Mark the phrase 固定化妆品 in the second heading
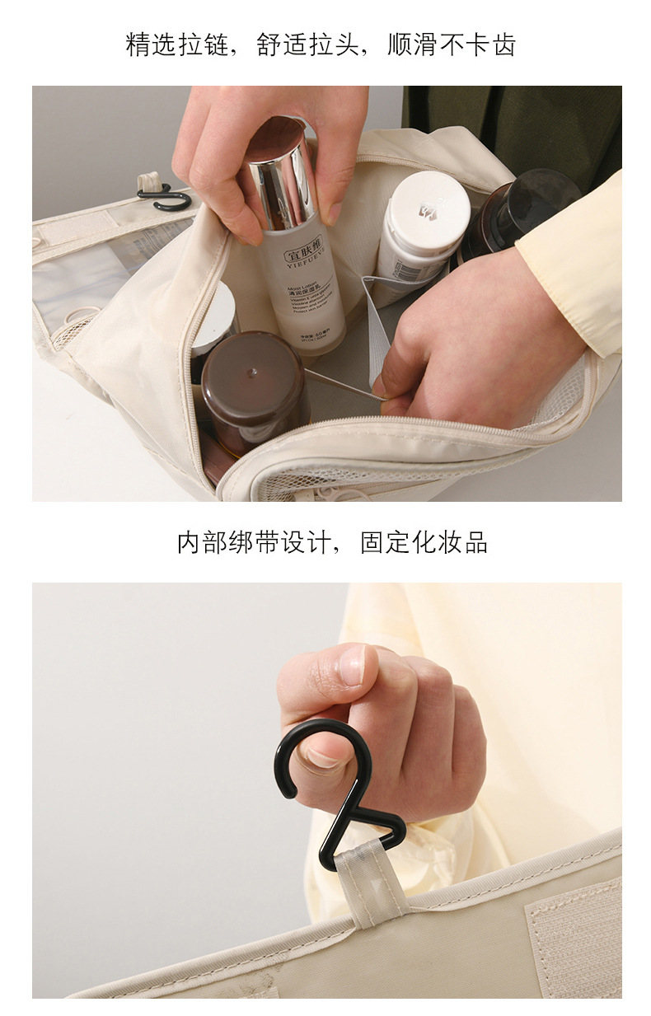[424, 542]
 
